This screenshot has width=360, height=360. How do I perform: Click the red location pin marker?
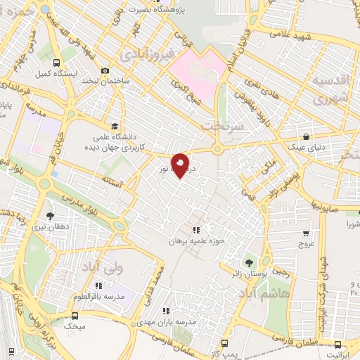[181, 165]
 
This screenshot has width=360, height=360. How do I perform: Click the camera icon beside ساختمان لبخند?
[105, 70]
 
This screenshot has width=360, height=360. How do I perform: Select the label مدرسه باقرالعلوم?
[98, 296]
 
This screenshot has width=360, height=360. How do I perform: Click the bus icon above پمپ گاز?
[224, 342]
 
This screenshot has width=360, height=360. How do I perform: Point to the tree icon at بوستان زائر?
[248, 262]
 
